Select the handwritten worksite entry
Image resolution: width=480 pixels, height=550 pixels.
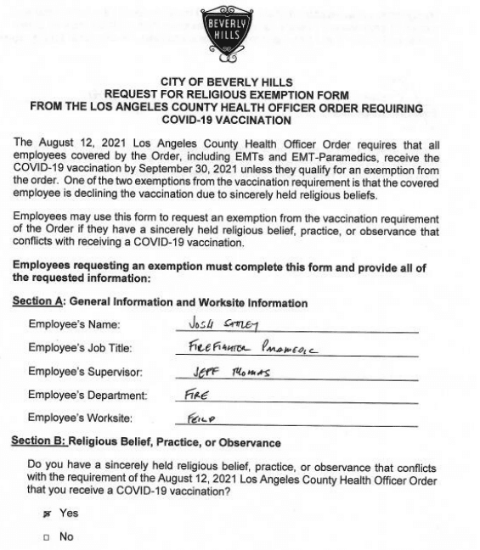tap(201, 418)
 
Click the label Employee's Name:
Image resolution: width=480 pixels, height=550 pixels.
tap(74, 325)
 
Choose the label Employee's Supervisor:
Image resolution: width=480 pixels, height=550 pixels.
tap(85, 372)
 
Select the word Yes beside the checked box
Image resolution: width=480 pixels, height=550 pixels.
tap(68, 514)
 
